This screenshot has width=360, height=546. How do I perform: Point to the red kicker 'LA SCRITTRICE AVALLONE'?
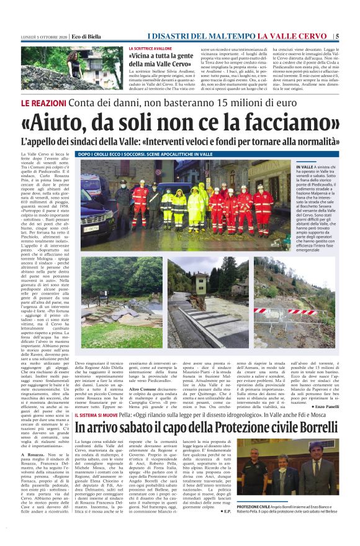pyautogui.click(x=150, y=48)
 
